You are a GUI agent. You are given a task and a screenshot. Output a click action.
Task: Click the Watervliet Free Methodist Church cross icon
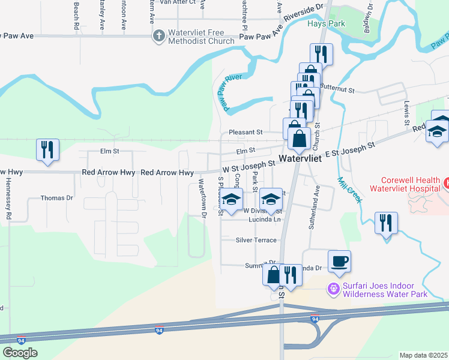tap(159, 36)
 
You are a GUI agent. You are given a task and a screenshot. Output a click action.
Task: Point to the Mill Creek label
tap(349, 189)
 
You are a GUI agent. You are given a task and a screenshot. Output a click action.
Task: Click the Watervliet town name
tap(300, 160)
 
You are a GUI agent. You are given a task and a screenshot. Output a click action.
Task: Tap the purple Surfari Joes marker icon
tap(334, 289)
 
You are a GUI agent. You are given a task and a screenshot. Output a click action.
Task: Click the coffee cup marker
tap(339, 261)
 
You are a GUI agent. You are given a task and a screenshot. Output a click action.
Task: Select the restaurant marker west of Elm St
tap(47, 150)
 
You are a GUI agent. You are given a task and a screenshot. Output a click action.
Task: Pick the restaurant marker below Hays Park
tap(321, 55)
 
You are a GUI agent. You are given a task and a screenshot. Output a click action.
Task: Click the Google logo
tap(20, 352)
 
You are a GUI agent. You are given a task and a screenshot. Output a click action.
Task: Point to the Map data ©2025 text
tap(423, 355)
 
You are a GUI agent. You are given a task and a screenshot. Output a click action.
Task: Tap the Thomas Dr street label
tap(56, 197)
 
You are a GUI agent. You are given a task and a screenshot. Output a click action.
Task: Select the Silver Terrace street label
tap(256, 240)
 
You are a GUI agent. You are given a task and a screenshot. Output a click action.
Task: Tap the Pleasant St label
tap(246, 132)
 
